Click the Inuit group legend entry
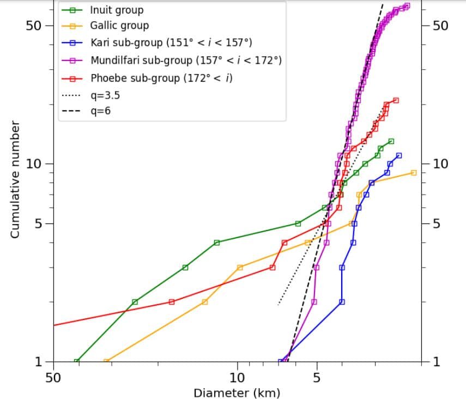tap(116, 10)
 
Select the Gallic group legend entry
tap(119, 26)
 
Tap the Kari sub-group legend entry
tap(171, 42)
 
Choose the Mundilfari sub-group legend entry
tap(185, 59)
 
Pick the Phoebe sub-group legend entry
tap(161, 78)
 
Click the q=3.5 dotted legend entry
tap(105, 95)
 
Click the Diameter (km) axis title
tap(237, 392)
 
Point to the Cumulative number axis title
tap(15, 180)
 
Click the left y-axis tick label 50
tap(34, 26)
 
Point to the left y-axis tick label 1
tap(38, 361)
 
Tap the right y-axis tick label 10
tap(440, 164)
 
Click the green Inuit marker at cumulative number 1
tap(76, 361)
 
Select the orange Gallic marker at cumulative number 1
tap(106, 361)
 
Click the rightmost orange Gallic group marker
tap(413, 173)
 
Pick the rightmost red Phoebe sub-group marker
tap(396, 100)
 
